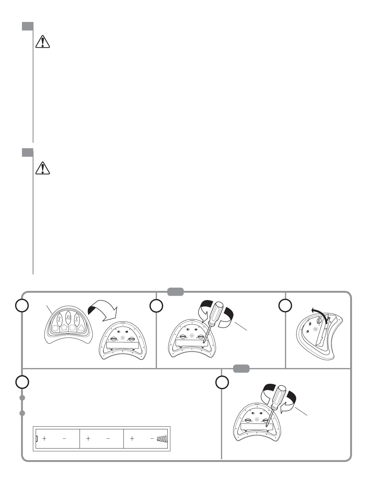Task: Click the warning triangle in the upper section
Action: [43, 42]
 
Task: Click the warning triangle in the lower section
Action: [43, 168]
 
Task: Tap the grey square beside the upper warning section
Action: [27, 26]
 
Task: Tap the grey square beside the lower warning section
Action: [27, 152]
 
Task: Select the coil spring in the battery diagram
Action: [162, 438]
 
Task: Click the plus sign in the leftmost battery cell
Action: [44, 438]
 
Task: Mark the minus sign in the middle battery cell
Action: [108, 438]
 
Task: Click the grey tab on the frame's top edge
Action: [176, 292]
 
